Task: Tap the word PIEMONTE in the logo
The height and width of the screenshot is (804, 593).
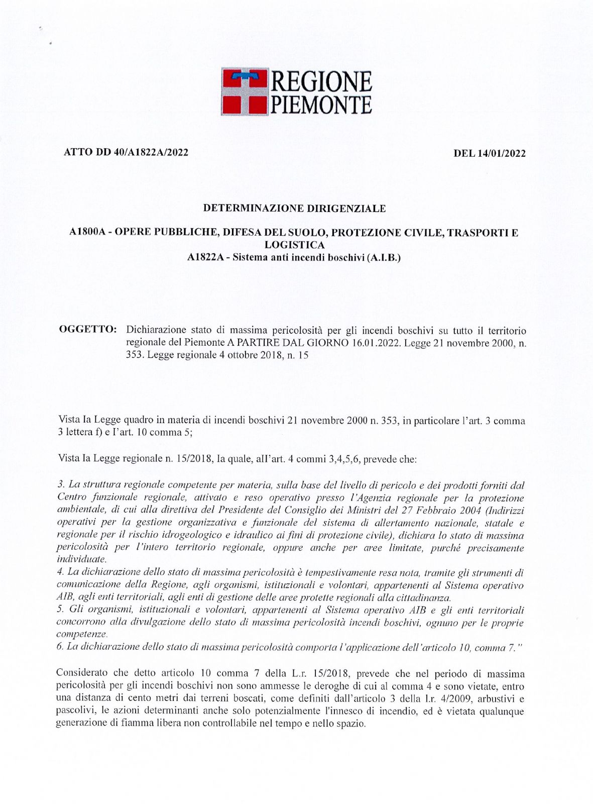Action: point(321,104)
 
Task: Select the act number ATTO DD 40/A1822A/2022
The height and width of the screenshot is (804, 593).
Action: point(126,152)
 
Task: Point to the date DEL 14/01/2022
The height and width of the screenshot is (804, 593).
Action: point(490,153)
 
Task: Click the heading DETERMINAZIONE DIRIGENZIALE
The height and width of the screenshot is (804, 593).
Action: point(294,208)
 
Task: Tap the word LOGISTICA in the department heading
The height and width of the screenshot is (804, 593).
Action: point(294,245)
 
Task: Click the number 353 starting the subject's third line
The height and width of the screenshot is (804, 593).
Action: point(133,355)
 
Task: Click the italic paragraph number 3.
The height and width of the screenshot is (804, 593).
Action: point(60,485)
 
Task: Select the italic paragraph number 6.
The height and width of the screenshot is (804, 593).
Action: point(60,647)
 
